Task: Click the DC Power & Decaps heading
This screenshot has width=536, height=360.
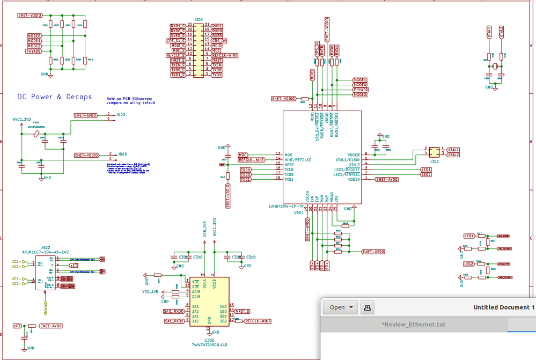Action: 54,97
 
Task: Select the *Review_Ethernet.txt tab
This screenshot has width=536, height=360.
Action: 413,324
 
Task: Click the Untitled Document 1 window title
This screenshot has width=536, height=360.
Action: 503,307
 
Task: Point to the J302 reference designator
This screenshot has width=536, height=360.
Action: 198,19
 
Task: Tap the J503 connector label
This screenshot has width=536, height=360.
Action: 121,114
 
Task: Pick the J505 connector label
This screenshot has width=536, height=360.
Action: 122,153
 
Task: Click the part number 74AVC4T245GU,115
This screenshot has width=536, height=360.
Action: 209,344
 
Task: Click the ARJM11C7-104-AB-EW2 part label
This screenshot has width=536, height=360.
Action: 46,252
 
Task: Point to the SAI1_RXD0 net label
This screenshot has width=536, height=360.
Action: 174,311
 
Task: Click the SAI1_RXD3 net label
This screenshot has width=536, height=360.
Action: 174,321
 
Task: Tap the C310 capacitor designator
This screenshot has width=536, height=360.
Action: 251,257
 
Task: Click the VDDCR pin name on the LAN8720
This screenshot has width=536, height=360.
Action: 353,155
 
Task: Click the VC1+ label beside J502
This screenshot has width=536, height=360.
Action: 18,262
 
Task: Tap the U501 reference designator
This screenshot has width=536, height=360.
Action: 299,212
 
